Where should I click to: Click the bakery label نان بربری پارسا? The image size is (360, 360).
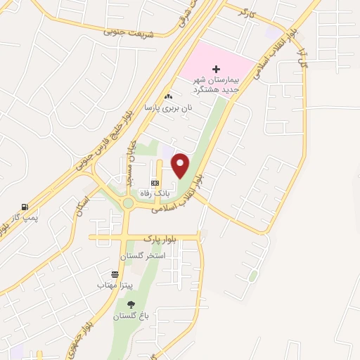pyautogui.click(x=168, y=108)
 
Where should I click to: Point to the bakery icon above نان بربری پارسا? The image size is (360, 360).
pyautogui.click(x=168, y=97)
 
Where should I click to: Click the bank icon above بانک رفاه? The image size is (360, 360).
pyautogui.click(x=155, y=182)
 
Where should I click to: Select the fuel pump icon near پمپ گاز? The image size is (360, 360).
pyautogui.click(x=25, y=207)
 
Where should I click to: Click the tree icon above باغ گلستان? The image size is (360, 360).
pyautogui.click(x=131, y=304)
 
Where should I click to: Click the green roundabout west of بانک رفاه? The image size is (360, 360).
pyautogui.click(x=128, y=204)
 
